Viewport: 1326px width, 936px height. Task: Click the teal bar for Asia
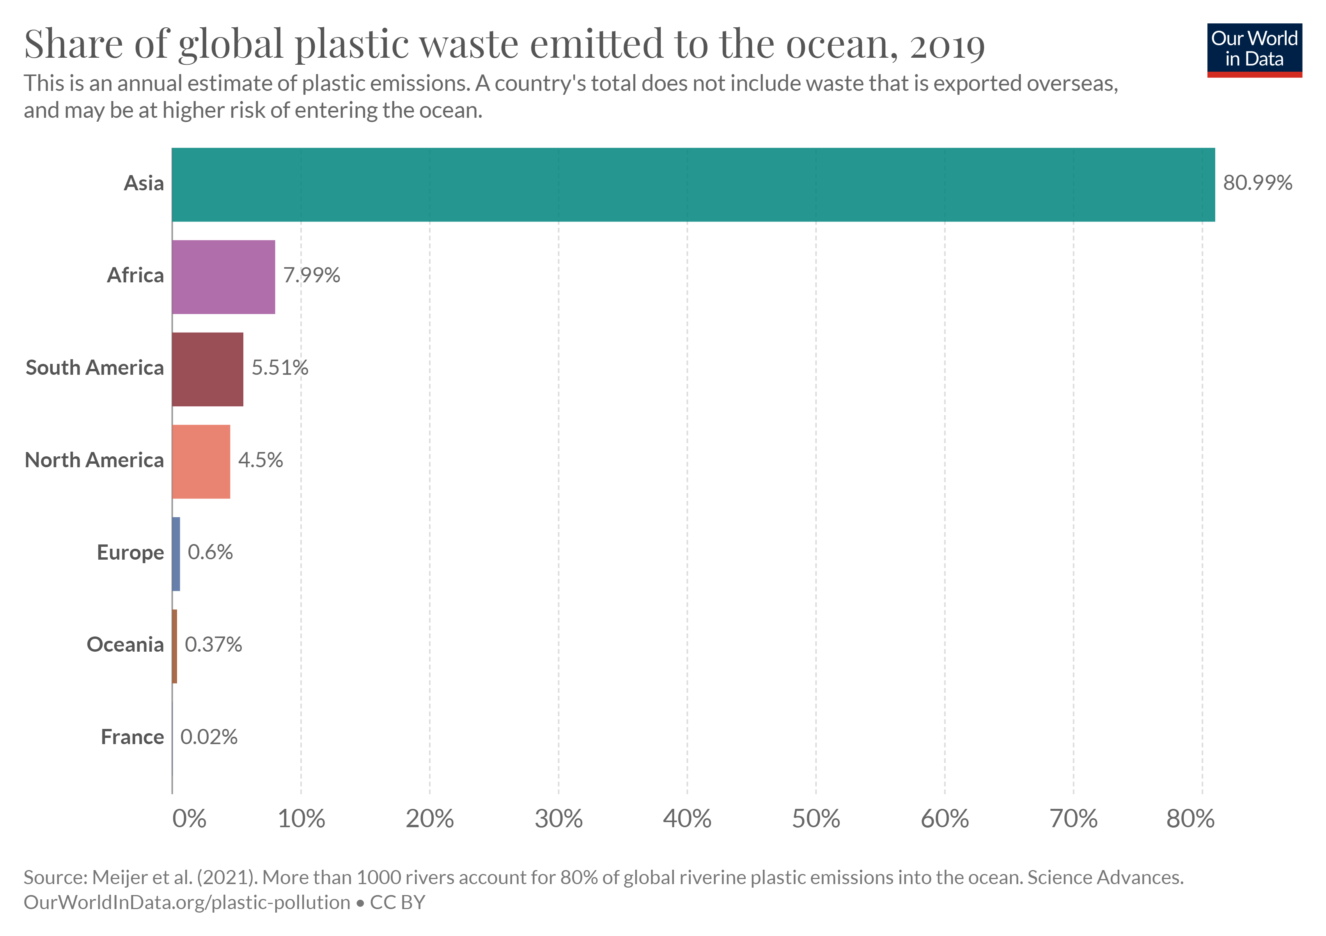pos(693,185)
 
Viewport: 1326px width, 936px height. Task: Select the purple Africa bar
pos(223,277)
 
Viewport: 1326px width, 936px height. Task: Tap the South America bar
pos(207,370)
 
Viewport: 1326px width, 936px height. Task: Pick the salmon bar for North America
pos(201,462)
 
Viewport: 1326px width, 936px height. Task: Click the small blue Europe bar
pos(176,554)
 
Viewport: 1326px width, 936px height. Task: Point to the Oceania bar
pos(174,647)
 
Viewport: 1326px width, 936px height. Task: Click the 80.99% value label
pos(1257,183)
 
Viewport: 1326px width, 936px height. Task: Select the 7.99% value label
pos(311,275)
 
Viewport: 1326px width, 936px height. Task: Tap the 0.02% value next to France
pos(209,737)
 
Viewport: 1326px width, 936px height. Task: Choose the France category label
pos(132,737)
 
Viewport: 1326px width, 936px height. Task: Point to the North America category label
pos(94,460)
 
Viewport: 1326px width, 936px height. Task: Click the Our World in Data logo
pos(1254,50)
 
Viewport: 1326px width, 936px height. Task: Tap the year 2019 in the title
pos(947,45)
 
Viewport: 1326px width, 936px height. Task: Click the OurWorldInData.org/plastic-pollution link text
pos(186,902)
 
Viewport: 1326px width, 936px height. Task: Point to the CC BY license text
pos(397,902)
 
